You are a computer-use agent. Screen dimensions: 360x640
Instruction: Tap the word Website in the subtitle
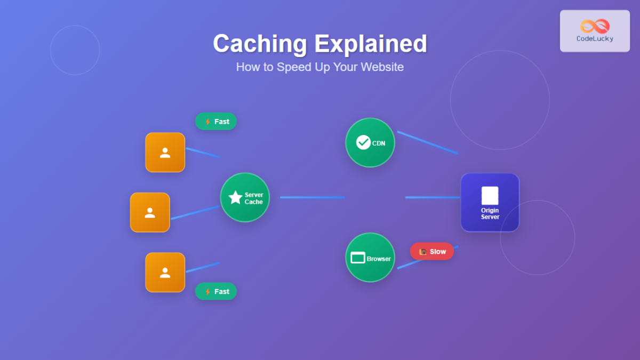pyautogui.click(x=382, y=67)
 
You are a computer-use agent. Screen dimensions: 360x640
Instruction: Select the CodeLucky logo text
pyautogui.click(x=595, y=39)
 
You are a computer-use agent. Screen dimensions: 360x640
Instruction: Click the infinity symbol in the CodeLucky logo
pyautogui.click(x=595, y=26)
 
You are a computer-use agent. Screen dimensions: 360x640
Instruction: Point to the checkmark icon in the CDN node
pyautogui.click(x=363, y=142)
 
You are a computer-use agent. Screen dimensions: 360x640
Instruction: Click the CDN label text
pyautogui.click(x=379, y=143)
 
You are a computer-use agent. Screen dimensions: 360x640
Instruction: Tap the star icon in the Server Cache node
pyautogui.click(x=235, y=198)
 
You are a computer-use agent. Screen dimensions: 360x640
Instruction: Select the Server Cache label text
pyautogui.click(x=254, y=198)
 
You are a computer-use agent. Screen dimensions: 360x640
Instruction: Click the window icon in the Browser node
pyautogui.click(x=358, y=258)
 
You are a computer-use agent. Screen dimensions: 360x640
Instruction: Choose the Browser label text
pyautogui.click(x=379, y=259)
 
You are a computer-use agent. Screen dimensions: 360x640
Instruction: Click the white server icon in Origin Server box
pyautogui.click(x=490, y=195)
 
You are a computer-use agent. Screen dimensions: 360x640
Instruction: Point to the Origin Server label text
pyautogui.click(x=490, y=214)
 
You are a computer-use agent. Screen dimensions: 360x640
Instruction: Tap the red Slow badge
pyautogui.click(x=432, y=251)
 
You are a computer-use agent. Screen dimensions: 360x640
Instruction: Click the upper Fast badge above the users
pyautogui.click(x=216, y=122)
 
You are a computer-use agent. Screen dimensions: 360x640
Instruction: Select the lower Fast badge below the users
pyautogui.click(x=216, y=291)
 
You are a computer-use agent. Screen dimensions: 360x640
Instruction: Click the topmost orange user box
pyautogui.click(x=165, y=153)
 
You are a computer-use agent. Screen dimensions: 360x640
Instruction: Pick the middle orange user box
pyautogui.click(x=150, y=212)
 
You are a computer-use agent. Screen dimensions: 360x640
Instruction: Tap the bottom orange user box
pyautogui.click(x=165, y=273)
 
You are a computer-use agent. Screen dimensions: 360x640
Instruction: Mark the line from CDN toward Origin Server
pyautogui.click(x=427, y=142)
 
